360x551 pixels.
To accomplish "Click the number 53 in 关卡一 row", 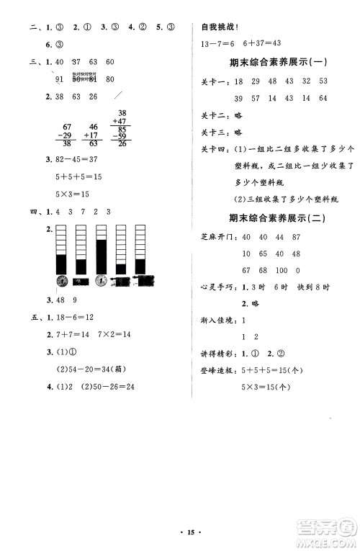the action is pyautogui.click(x=323, y=81).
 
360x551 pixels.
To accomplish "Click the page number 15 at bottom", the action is pyautogui.click(x=180, y=532).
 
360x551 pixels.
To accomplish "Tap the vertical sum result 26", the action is pyautogui.click(x=120, y=143).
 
